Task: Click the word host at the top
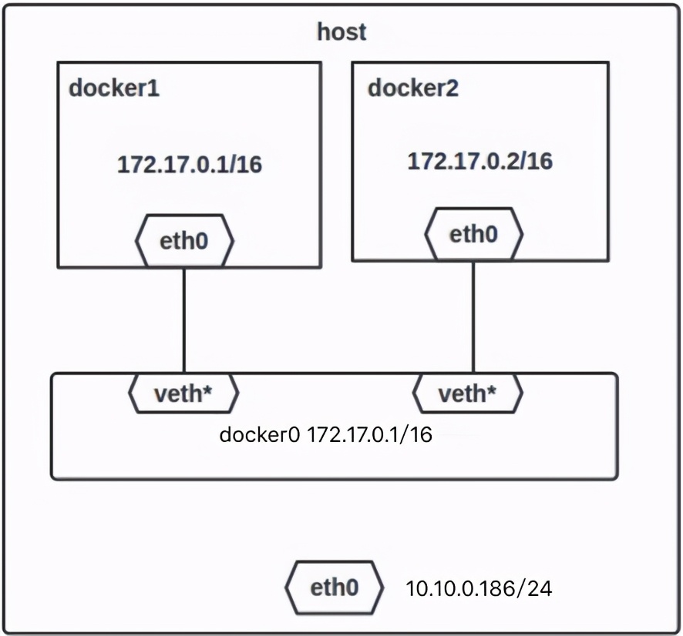(x=341, y=32)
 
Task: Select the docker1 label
(x=114, y=88)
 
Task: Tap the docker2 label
(x=412, y=88)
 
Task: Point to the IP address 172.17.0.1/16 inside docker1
(x=189, y=165)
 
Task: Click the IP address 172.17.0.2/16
(x=479, y=161)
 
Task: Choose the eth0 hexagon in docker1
(x=184, y=241)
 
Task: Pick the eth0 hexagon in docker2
(x=474, y=233)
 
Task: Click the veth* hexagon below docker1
(x=183, y=394)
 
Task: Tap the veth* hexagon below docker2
(x=468, y=394)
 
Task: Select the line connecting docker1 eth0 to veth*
(x=183, y=320)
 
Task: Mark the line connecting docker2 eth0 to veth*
(x=473, y=316)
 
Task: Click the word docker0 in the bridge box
(x=260, y=435)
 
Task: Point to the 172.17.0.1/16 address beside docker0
(x=369, y=435)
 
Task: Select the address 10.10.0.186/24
(x=479, y=590)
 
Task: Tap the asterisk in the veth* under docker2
(x=492, y=392)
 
